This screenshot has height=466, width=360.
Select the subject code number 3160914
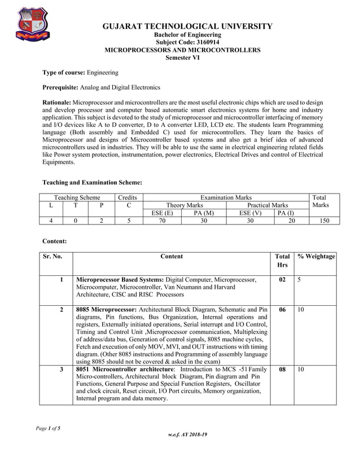[x=197, y=42]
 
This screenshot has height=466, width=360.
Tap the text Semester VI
[x=183, y=58]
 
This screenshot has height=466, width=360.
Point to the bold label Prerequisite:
[x=61, y=88]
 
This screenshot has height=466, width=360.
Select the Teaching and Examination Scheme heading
[x=92, y=183]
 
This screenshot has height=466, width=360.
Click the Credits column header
[x=129, y=197]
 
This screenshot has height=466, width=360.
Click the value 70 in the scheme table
[x=162, y=221]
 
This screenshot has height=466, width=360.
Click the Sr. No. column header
[x=52, y=257]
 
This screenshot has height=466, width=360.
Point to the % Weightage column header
[x=317, y=257]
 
